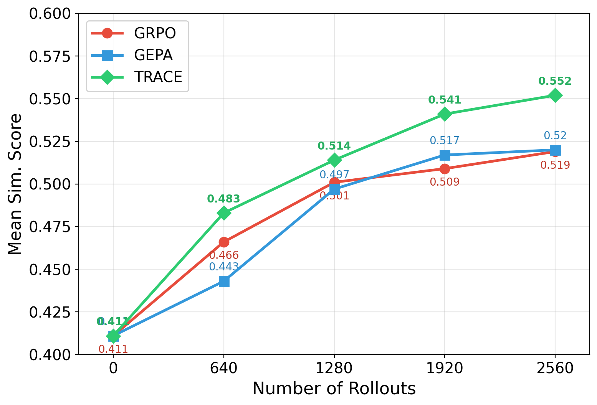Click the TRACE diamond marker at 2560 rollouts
click(555, 95)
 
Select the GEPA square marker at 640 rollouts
click(224, 282)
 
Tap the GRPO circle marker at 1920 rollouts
click(445, 169)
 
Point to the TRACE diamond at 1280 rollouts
click(334, 160)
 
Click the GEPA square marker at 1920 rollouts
click(445, 155)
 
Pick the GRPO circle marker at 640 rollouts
click(224, 242)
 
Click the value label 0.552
click(555, 81)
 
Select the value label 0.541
click(444, 100)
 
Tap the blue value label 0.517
click(444, 141)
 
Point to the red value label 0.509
click(444, 182)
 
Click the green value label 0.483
click(223, 199)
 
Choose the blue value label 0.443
click(224, 267)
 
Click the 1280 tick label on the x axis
click(334, 369)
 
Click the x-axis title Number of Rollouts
click(334, 389)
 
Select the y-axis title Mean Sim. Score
click(15, 184)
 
